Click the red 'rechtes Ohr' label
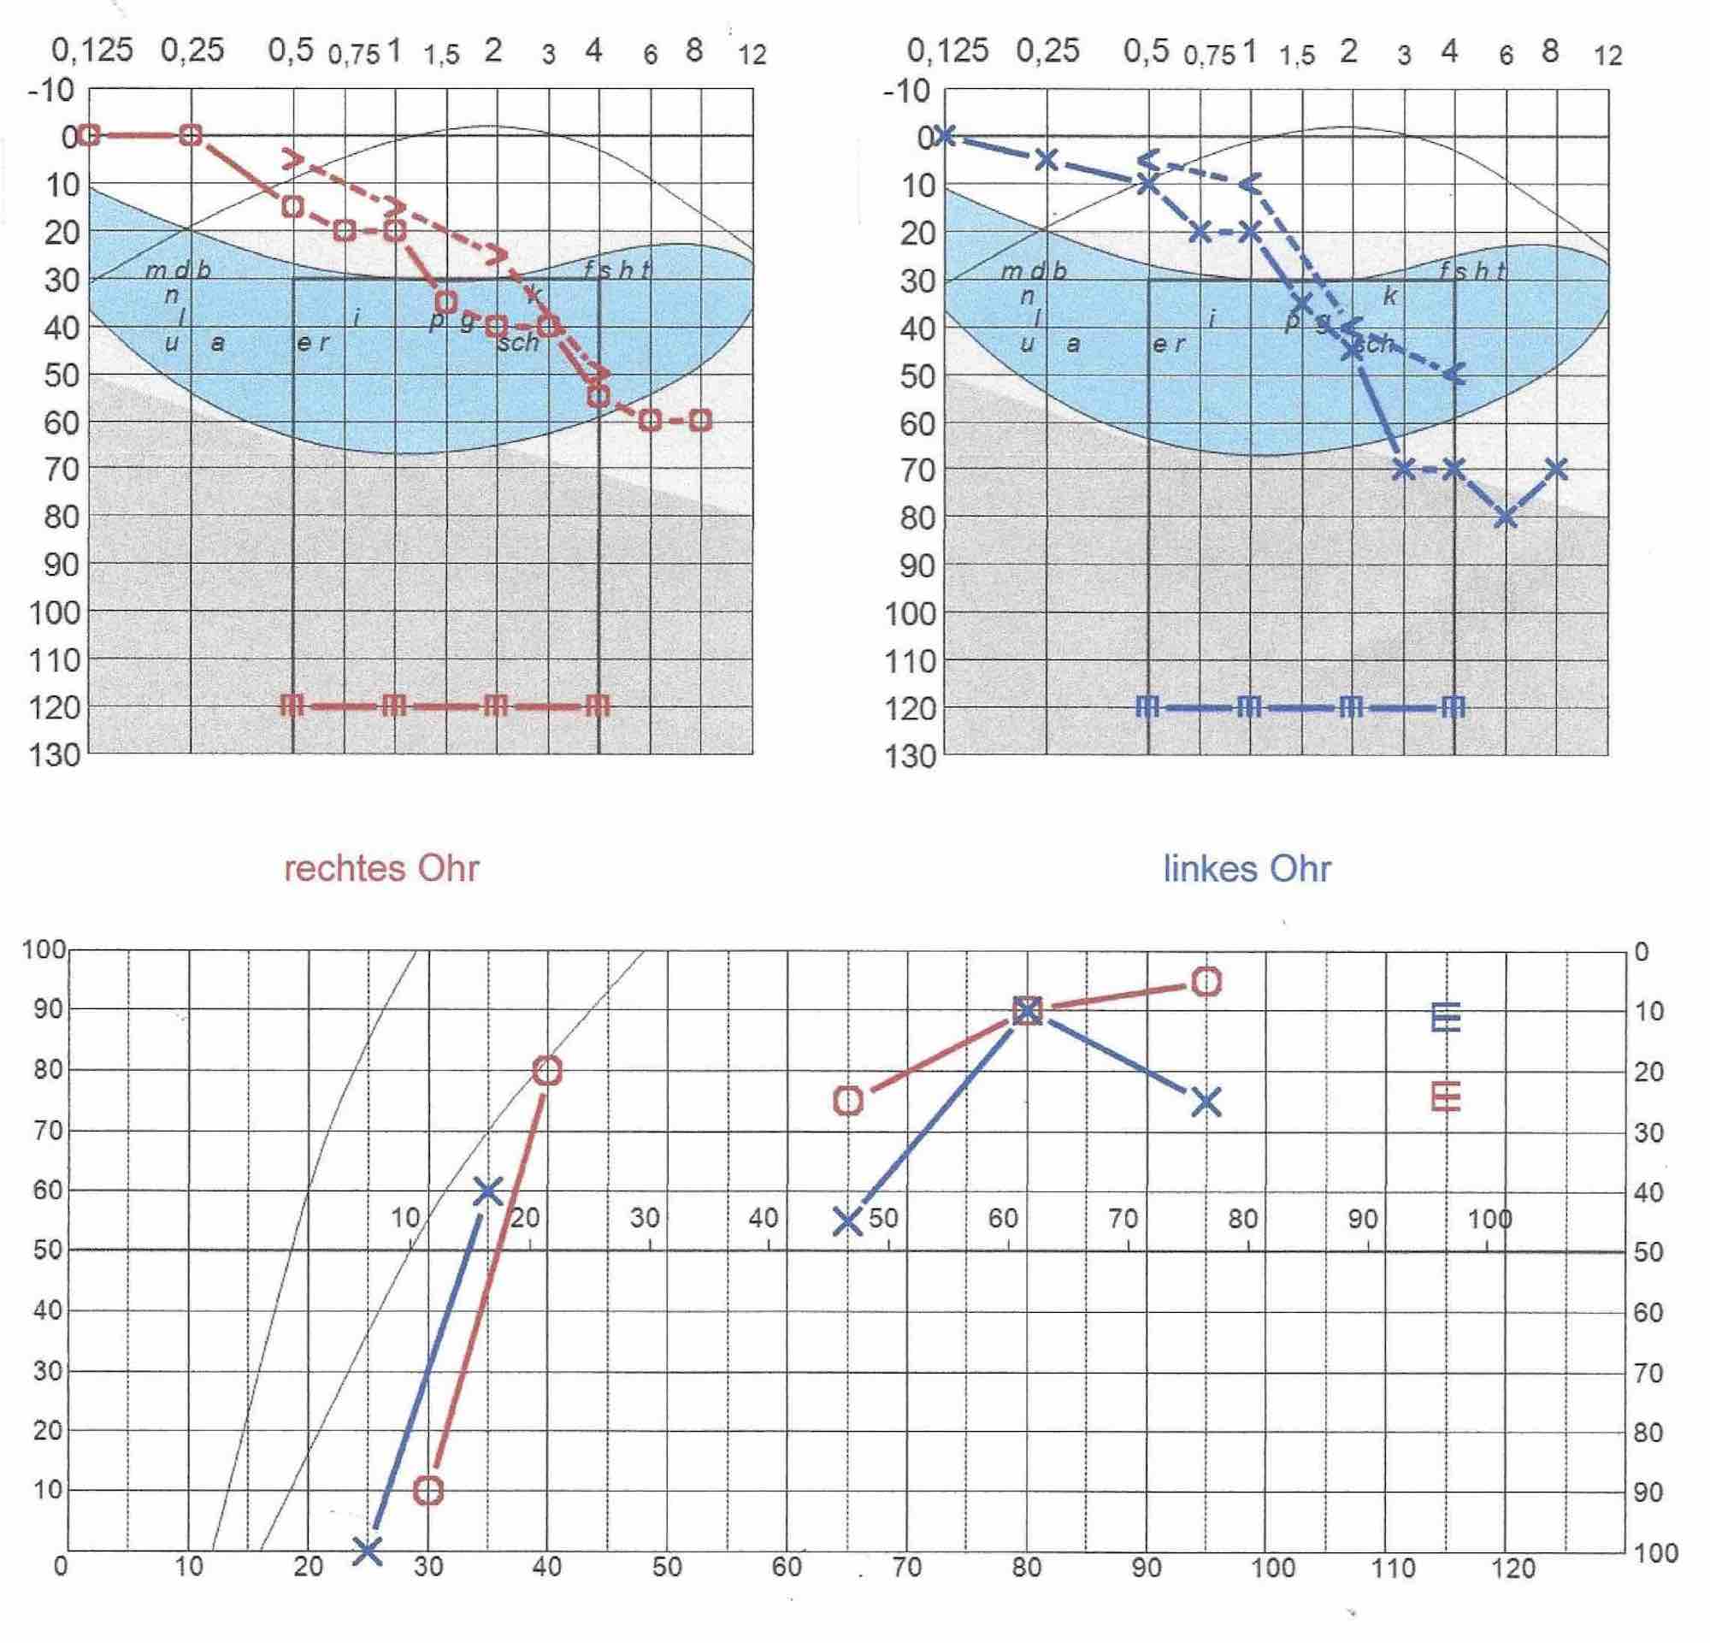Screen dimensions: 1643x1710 [x=381, y=869]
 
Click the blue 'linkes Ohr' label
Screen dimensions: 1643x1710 [x=1247, y=869]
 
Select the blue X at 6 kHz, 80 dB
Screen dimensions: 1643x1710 [x=1505, y=517]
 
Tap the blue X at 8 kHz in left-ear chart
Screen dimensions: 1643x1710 [x=1556, y=470]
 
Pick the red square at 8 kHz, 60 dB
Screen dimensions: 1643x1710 [x=700, y=421]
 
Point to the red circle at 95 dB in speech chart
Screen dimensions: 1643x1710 [x=1206, y=982]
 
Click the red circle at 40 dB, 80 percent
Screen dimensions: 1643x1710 [x=547, y=1071]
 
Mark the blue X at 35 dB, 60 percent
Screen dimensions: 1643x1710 [x=487, y=1191]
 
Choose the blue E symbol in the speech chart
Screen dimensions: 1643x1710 [x=1446, y=1018]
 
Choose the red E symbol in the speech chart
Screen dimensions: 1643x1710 [x=1446, y=1096]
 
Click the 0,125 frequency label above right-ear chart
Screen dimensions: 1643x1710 [x=92, y=50]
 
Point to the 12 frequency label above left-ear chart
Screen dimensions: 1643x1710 [x=1608, y=56]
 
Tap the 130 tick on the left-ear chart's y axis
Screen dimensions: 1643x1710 [x=911, y=755]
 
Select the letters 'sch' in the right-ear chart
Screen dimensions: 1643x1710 [x=518, y=343]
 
